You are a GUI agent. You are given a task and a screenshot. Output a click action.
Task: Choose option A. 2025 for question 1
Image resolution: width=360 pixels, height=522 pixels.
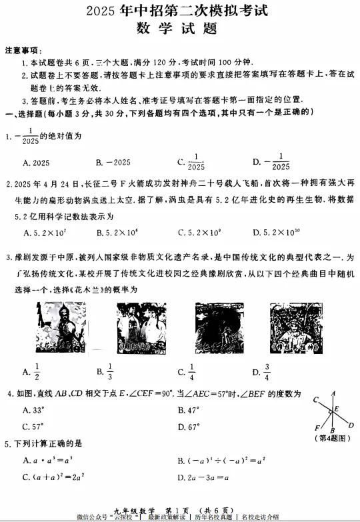36,163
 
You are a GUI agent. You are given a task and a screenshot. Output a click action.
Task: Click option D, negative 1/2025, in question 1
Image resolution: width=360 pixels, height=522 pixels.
271,163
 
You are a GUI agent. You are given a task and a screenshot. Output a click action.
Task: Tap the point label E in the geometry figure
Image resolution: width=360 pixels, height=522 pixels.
337,408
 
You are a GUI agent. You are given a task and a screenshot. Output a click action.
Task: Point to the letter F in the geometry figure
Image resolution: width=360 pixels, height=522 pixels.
316,428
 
